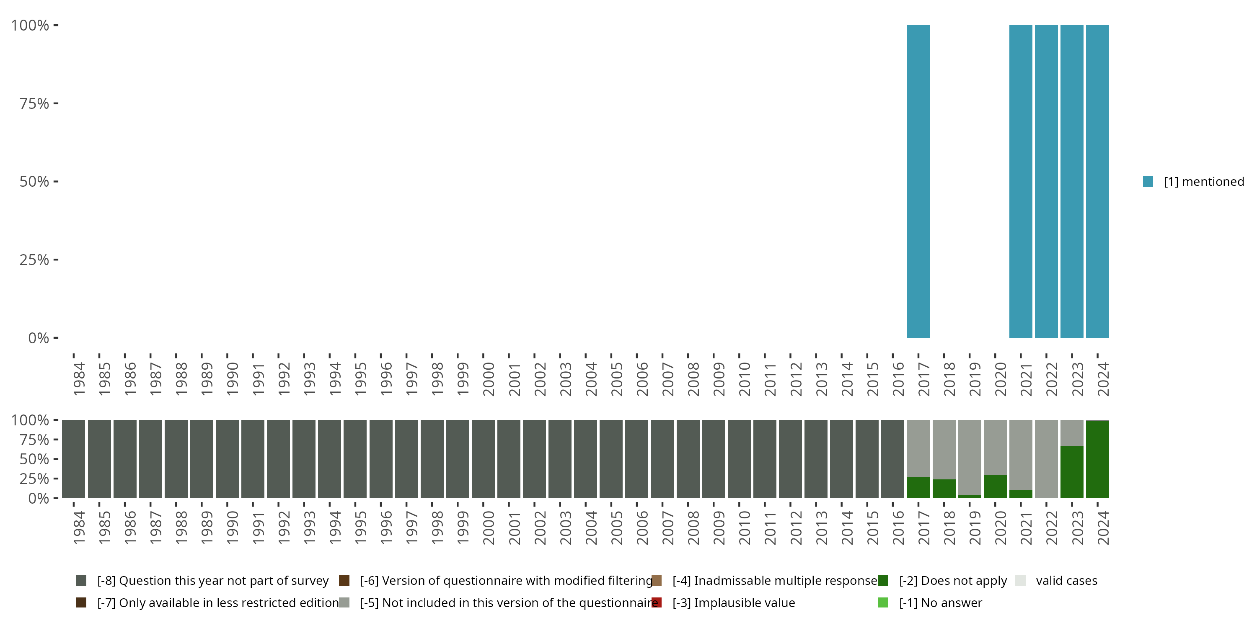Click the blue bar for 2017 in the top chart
pyautogui.click(x=918, y=181)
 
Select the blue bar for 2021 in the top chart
pyautogui.click(x=1020, y=181)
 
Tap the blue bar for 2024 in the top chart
pyautogui.click(x=1097, y=181)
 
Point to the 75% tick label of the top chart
pyautogui.click(x=34, y=103)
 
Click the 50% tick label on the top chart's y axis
pyautogui.click(x=34, y=181)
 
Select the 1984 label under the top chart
pyautogui.click(x=79, y=379)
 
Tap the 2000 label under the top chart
pyautogui.click(x=488, y=379)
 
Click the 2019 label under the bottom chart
pyautogui.click(x=975, y=528)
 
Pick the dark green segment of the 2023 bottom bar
pyautogui.click(x=1071, y=471)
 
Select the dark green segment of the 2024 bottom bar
pyautogui.click(x=1097, y=459)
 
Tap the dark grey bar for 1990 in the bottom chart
pyautogui.click(x=228, y=459)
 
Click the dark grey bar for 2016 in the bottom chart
pyautogui.click(x=892, y=459)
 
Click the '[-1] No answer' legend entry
pyautogui.click(x=940, y=602)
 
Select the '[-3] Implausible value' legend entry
pyautogui.click(x=733, y=602)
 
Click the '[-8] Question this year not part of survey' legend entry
pyautogui.click(x=213, y=581)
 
